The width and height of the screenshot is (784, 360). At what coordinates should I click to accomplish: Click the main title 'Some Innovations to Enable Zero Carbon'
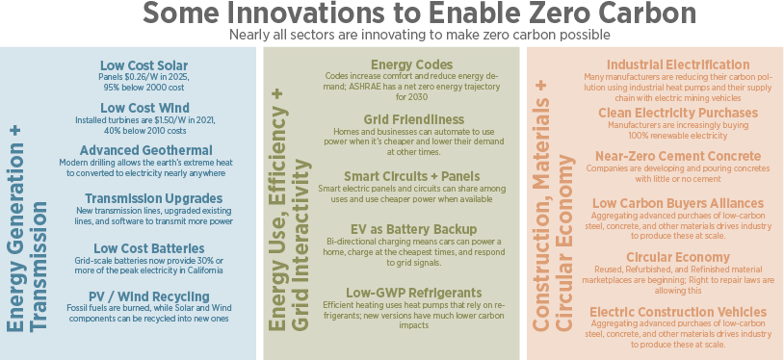coord(391,15)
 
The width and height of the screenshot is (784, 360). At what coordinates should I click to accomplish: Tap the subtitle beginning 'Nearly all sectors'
coord(391,36)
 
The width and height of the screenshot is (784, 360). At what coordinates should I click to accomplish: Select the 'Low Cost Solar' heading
coord(144,65)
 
